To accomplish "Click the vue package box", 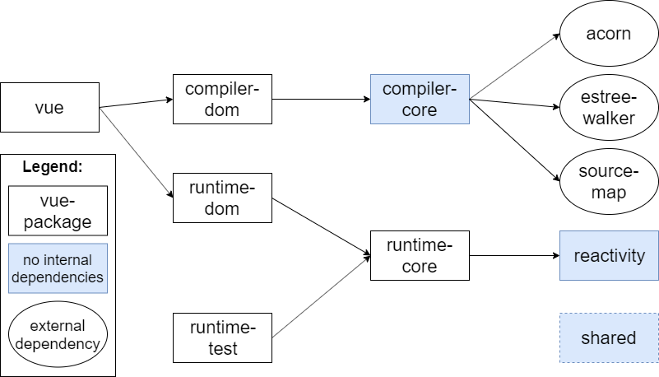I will point(50,107).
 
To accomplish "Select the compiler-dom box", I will point(222,99).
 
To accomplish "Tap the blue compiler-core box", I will point(420,99).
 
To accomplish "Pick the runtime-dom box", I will point(222,198).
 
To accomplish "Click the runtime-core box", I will point(420,255).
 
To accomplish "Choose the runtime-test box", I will point(222,337).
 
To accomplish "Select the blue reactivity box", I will point(609,255).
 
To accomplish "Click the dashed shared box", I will point(609,337).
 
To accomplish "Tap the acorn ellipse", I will point(609,34).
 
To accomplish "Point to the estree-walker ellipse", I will point(609,107).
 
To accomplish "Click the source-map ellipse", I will point(609,182).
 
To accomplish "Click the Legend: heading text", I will point(53,167).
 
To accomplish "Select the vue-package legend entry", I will point(58,210).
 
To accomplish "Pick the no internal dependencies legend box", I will point(58,268).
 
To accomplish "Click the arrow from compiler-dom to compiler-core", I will point(321,100).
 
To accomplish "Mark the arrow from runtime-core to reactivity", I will point(514,255).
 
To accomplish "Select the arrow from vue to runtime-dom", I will point(136,152).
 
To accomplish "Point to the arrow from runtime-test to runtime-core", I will point(321,297).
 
